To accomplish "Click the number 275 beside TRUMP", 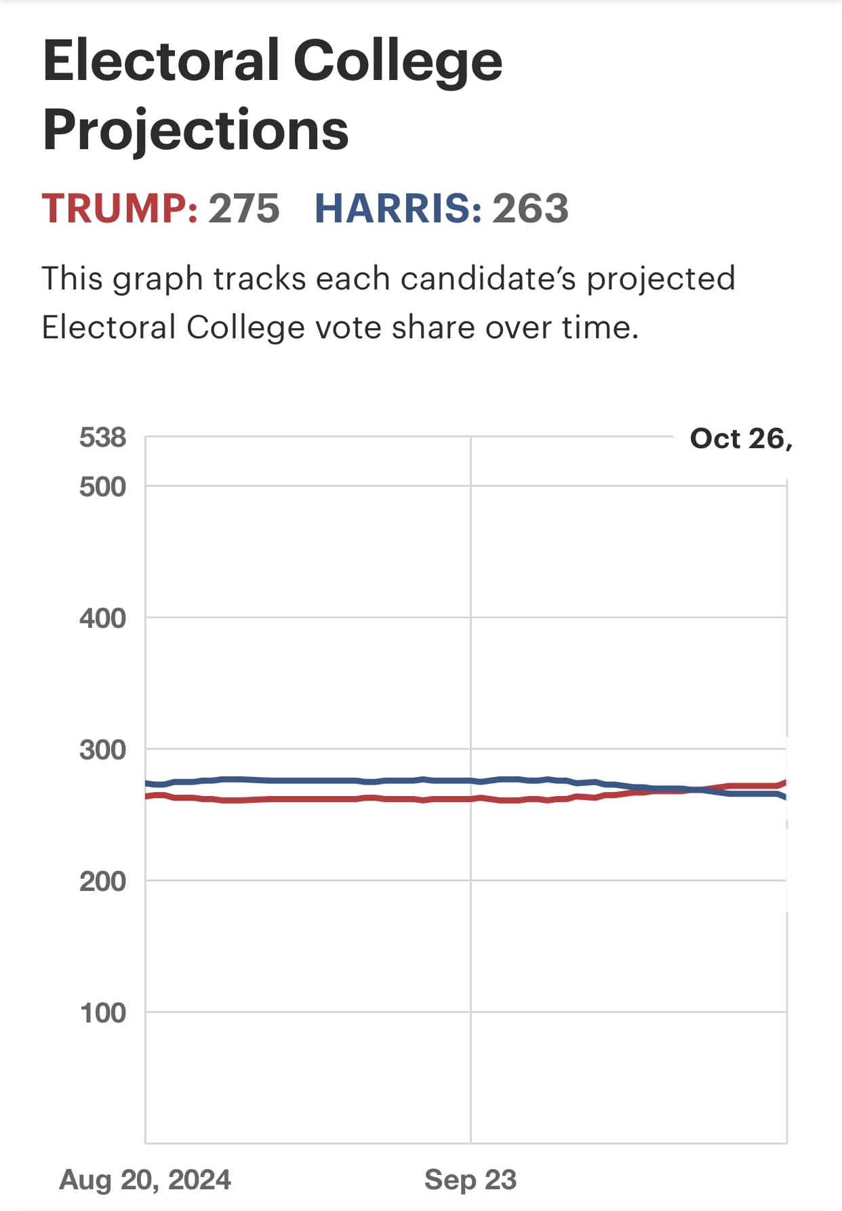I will (x=243, y=208).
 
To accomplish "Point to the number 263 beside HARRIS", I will (x=530, y=208).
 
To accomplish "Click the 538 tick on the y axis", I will (x=102, y=438).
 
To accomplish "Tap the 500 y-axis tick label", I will (x=102, y=487).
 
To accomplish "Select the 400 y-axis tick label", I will (x=102, y=618).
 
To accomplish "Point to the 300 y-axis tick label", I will (x=102, y=750).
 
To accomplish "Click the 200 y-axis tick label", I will (x=102, y=881).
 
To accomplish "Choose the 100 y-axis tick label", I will (x=102, y=1013).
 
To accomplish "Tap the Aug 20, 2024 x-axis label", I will (x=145, y=1180).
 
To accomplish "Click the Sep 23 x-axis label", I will (x=470, y=1180).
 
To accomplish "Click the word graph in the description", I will (x=157, y=279).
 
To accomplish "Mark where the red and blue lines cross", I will (x=695, y=789).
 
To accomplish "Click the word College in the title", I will (x=398, y=61).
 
